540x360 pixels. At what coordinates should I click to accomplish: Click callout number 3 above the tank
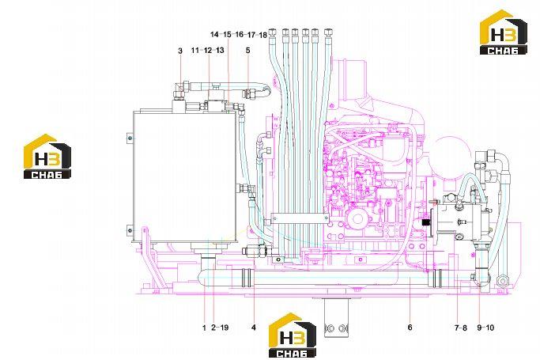pyautogui.click(x=180, y=51)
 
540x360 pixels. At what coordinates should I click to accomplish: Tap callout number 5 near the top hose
pyautogui.click(x=248, y=51)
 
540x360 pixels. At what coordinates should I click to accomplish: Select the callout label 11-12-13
pyautogui.click(x=208, y=51)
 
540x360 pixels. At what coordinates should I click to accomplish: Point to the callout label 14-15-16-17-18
pyautogui.click(x=239, y=35)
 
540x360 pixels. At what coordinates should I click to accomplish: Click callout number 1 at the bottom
pyautogui.click(x=204, y=328)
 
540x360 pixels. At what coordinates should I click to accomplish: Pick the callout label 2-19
pyautogui.click(x=220, y=328)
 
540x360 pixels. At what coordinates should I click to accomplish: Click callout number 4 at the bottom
pyautogui.click(x=254, y=328)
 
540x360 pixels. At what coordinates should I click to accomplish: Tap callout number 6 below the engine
pyautogui.click(x=410, y=328)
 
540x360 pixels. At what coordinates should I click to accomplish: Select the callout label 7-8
pyautogui.click(x=460, y=328)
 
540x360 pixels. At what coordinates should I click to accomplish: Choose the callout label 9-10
pyautogui.click(x=485, y=328)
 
